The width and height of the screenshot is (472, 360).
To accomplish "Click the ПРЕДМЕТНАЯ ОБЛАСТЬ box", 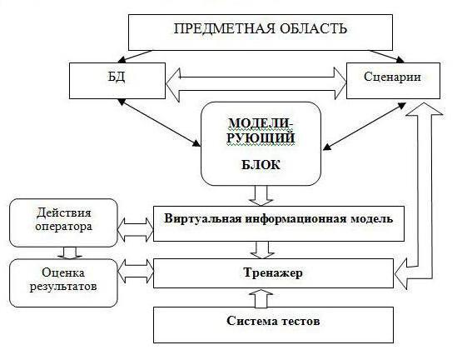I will pos(261,31).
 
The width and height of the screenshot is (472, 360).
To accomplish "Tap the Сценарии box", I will pos(391,77).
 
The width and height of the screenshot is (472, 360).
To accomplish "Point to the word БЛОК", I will pos(261,165).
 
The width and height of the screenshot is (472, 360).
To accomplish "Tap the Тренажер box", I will pos(273,272).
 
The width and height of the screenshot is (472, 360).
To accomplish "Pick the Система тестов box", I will pos(273,322).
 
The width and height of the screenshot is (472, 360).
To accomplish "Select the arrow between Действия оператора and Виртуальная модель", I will pos(135,224).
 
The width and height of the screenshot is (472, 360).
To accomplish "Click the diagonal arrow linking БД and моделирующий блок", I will pos(159,122).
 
